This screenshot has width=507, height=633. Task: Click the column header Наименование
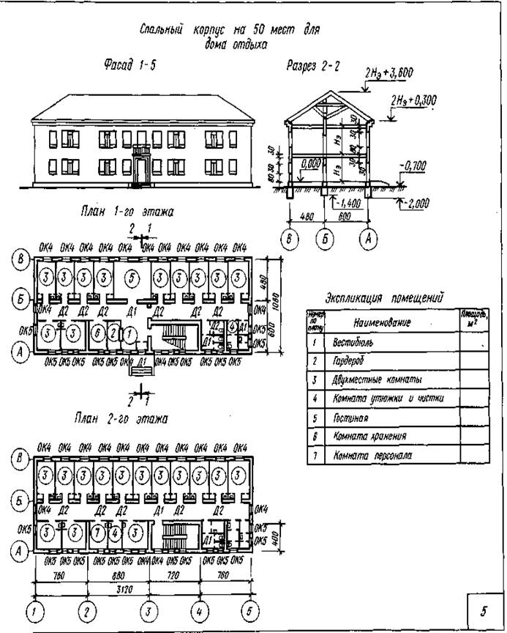(x=381, y=322)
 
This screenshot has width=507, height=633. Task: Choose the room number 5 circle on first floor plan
(x=129, y=278)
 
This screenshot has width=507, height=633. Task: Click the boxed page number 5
(x=483, y=610)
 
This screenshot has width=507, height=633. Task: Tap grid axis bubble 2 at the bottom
(x=87, y=610)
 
